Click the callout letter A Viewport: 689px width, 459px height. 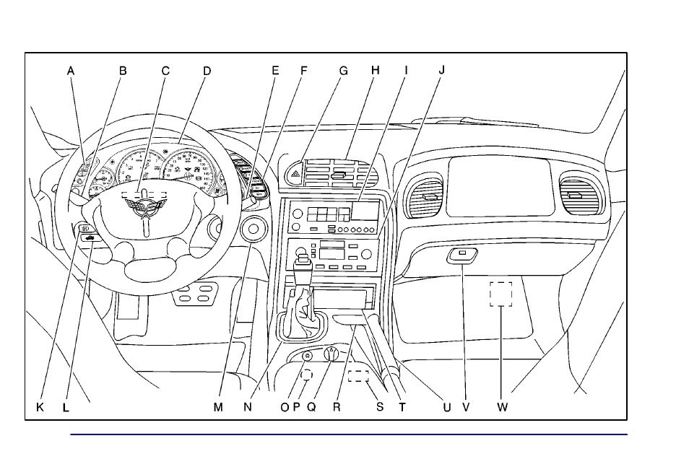(71, 71)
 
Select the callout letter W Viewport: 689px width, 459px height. (503, 407)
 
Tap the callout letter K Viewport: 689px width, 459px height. (40, 407)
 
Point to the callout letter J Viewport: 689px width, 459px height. (442, 71)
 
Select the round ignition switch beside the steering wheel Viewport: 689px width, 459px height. (253, 229)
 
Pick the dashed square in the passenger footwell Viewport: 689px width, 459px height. (500, 294)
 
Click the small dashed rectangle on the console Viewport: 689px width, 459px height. (358, 375)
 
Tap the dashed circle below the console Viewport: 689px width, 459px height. (306, 375)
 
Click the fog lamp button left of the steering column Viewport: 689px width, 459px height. (84, 229)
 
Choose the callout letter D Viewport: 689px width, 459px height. (207, 71)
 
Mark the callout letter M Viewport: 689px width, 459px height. (218, 407)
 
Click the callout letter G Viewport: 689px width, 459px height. (344, 71)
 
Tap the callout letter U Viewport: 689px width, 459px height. (447, 407)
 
